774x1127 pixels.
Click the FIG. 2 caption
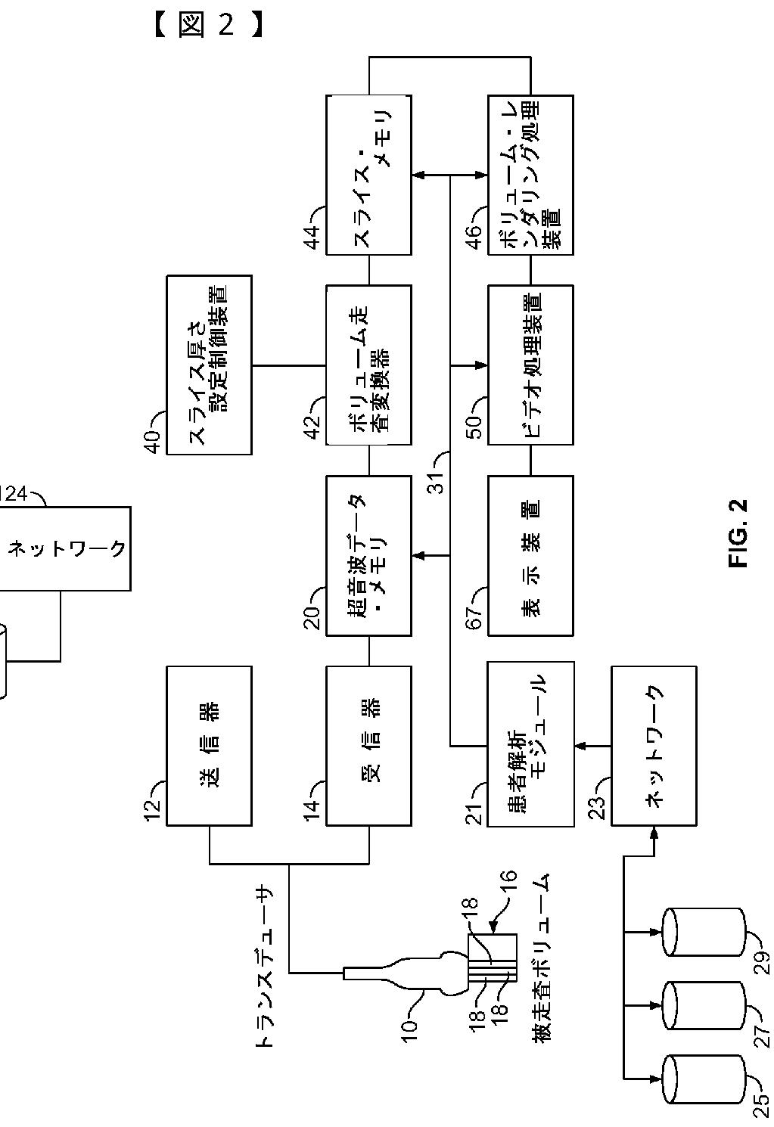point(738,533)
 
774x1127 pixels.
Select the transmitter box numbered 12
point(209,745)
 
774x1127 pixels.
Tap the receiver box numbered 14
point(368,745)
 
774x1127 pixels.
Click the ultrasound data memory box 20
point(368,555)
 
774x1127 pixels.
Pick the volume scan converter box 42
point(368,365)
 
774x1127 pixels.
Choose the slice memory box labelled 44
point(368,175)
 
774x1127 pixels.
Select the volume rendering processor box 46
point(530,175)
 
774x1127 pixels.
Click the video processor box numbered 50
point(530,365)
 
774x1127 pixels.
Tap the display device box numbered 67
point(530,555)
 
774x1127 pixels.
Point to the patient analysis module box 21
point(530,745)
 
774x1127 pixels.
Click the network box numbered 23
point(654,745)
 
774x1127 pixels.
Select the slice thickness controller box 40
point(209,365)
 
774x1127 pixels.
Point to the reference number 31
point(437,474)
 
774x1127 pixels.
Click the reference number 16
point(509,888)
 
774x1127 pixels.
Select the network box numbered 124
point(65,548)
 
